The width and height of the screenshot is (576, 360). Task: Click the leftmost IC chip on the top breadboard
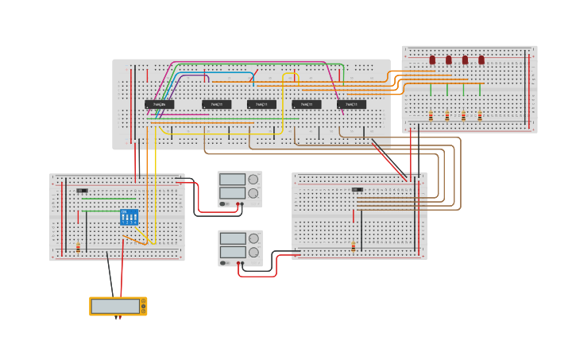160,104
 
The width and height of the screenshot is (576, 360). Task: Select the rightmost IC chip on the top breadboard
352,104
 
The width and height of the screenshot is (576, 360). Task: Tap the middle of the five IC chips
261,104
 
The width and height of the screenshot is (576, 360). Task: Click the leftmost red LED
432,60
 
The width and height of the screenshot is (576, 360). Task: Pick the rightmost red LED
481,60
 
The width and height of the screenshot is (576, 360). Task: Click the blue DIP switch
129,217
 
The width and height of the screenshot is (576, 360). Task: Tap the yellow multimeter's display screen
114,306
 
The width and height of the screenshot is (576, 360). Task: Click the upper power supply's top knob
253,179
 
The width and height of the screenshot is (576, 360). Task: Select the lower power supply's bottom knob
253,253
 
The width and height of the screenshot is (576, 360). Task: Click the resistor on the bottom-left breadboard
78,247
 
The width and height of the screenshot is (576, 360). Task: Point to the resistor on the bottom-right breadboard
353,246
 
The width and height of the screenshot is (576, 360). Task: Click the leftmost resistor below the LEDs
431,116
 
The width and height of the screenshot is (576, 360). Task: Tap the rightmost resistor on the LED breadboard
480,116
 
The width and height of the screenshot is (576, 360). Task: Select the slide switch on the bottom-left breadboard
82,191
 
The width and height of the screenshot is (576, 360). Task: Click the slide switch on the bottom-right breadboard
358,190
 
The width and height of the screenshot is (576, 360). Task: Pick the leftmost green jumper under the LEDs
431,89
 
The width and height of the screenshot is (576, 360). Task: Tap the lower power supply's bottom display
233,252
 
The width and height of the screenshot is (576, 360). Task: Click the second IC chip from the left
216,104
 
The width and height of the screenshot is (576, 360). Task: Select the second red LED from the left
449,60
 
